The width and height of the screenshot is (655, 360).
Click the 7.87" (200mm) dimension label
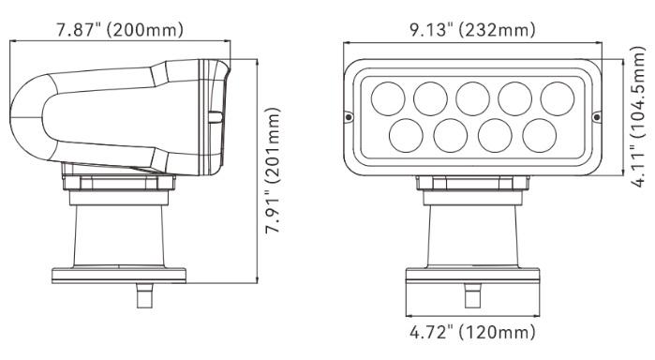point(120,30)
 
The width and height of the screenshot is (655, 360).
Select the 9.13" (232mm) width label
point(472,30)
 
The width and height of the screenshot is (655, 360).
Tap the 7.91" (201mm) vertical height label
point(274,171)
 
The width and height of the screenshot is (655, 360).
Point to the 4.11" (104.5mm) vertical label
point(638,116)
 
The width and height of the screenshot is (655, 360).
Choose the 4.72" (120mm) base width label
point(472,333)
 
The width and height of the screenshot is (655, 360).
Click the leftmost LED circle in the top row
point(388,98)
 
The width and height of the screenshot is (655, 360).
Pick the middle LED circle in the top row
point(472,98)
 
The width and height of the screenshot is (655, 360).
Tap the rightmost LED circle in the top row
point(558,98)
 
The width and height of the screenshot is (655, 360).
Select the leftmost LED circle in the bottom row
point(406,136)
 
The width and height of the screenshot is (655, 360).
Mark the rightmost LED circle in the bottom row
point(540,136)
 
